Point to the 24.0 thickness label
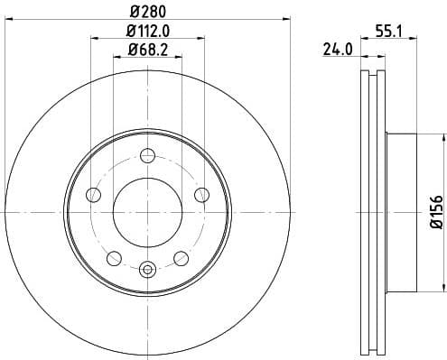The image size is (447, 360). [337, 51]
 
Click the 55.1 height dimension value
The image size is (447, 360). [377, 31]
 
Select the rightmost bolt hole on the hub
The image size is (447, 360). [201, 195]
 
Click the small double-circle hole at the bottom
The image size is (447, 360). [148, 267]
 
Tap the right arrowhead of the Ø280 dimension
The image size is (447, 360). [288, 17]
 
